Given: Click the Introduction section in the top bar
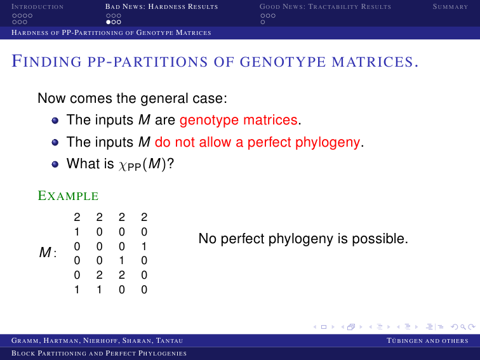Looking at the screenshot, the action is tap(37, 7).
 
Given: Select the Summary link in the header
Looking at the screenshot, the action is tap(450, 7).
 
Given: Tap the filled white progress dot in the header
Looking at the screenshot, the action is tap(109, 22).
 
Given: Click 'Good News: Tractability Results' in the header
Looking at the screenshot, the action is tap(325, 7).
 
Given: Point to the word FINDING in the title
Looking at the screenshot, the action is tap(46, 61).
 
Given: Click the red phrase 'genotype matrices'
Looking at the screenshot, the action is tap(239, 120).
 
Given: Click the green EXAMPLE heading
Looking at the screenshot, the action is tap(68, 196).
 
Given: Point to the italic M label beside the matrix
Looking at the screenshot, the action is tap(45, 252).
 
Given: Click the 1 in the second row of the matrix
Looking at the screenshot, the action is tap(77, 232).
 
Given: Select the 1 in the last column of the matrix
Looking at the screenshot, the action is tap(144, 246).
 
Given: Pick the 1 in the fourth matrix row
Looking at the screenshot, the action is tap(121, 260).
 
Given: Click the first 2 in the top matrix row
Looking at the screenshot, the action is tap(77, 217).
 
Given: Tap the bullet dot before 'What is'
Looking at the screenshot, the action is tap(55, 164).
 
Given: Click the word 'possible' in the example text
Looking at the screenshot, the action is tap(378, 239).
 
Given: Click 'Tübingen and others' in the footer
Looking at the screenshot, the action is tap(427, 341).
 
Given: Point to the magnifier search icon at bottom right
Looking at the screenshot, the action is tap(463, 327).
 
